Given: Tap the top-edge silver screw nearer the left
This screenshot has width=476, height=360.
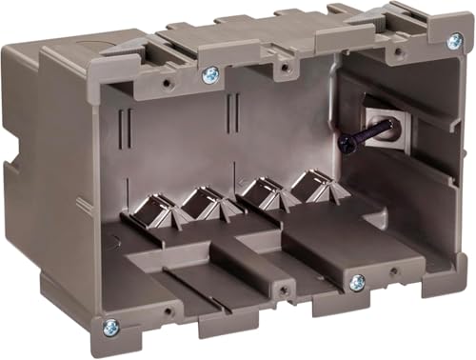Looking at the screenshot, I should (210, 73).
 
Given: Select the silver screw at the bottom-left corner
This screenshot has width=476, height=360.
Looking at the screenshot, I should (111, 326).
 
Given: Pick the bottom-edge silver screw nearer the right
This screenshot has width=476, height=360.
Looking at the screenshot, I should (357, 283).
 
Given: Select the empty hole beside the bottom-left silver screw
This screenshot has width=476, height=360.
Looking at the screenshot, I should (168, 311).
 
